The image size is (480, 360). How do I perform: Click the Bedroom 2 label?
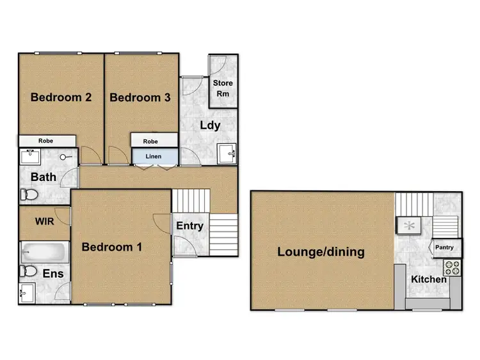pyautogui.click(x=61, y=98)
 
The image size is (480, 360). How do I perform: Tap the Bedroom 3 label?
pyautogui.click(x=140, y=98)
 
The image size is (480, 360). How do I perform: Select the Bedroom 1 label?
pyautogui.click(x=112, y=247)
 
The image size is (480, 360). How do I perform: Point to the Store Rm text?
pyautogui.click(x=223, y=88)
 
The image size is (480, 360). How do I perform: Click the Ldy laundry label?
pyautogui.click(x=210, y=125)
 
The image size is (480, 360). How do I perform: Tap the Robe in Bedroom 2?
pyautogui.click(x=45, y=141)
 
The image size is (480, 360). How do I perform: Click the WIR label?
pyautogui.click(x=44, y=222)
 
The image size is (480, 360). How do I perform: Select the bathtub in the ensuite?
pyautogui.click(x=44, y=251)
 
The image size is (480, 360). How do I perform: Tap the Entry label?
pyautogui.click(x=189, y=226)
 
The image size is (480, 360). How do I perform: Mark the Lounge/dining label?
pyautogui.click(x=321, y=252)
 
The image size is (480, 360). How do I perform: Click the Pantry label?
pyautogui.click(x=444, y=247)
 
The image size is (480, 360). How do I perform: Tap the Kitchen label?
pyautogui.click(x=429, y=279)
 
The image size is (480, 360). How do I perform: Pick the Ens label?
pyautogui.click(x=52, y=274)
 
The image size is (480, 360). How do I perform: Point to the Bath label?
pyautogui.click(x=44, y=177)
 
